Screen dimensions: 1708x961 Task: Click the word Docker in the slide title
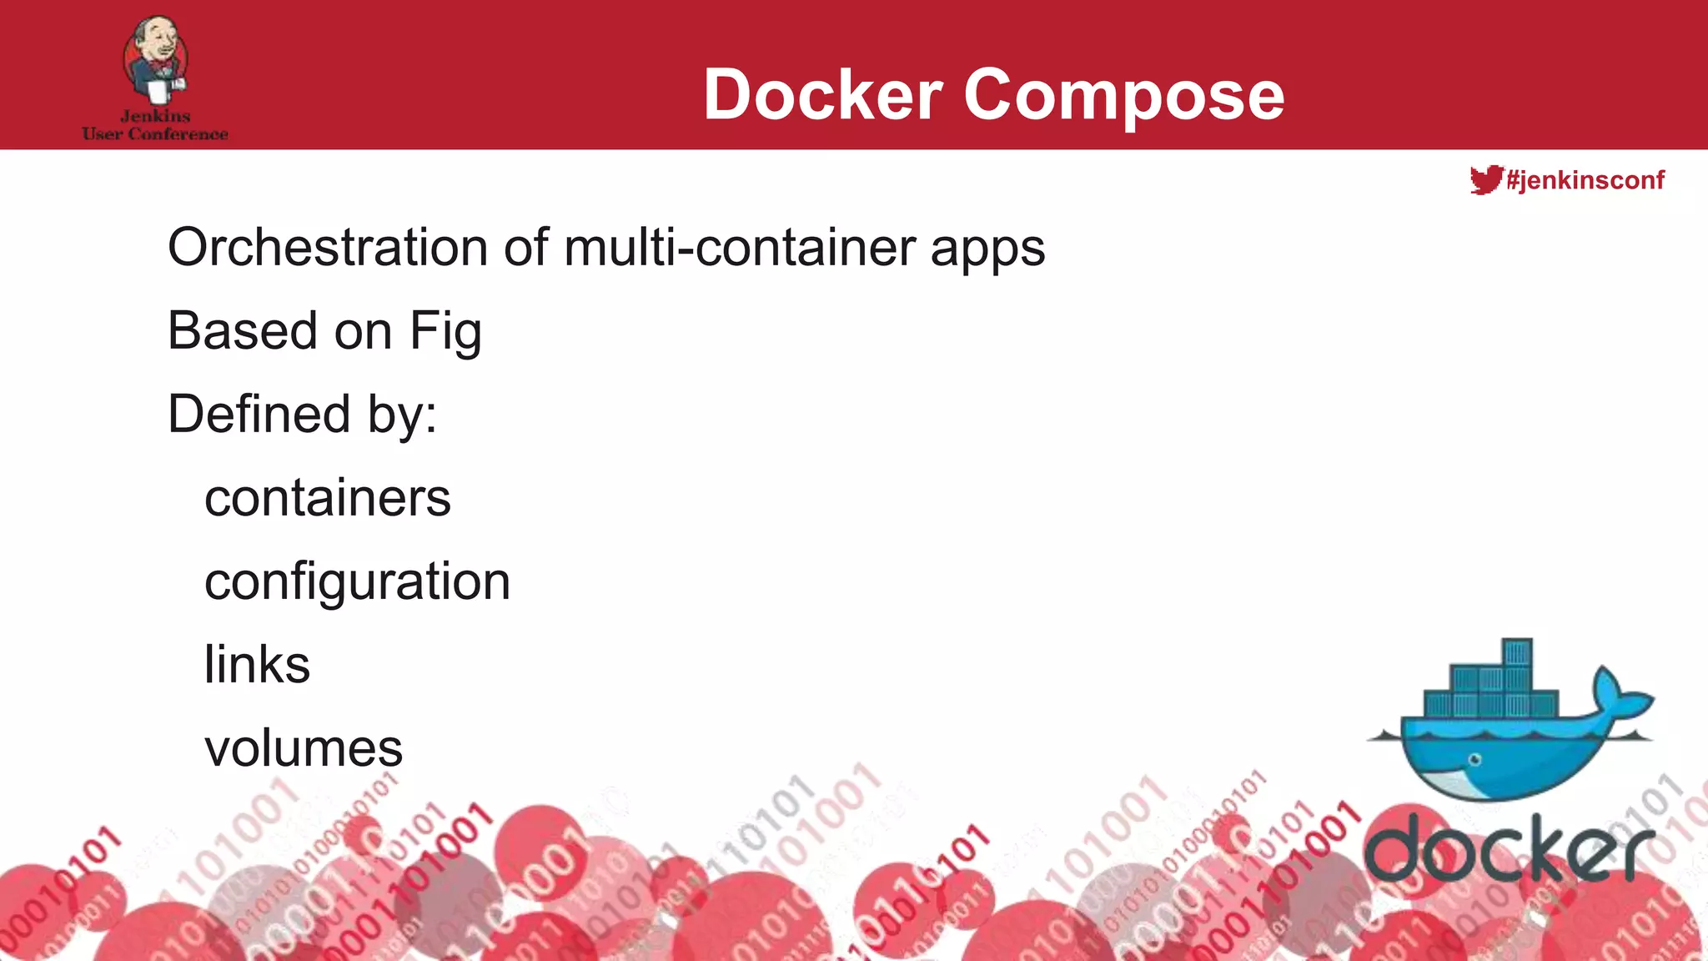[822, 94]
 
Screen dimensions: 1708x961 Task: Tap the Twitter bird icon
[1485, 179]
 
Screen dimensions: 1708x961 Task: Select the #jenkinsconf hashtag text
[1585, 180]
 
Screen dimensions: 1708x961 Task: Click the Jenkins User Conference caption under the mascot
[155, 125]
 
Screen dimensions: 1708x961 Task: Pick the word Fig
[445, 332]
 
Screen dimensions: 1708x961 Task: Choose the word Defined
[259, 414]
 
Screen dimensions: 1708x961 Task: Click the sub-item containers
[327, 498]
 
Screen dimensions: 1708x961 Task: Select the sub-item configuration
[357, 582]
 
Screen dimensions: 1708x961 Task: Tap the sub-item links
[257, 665]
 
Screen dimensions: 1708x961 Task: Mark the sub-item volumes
[304, 748]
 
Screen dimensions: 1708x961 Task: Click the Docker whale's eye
[1474, 759]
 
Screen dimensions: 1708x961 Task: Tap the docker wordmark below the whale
[1510, 848]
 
